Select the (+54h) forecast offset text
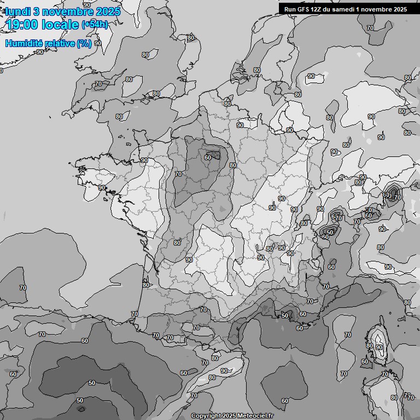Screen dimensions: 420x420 (x=95, y=25)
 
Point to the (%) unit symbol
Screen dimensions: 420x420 (x=84, y=44)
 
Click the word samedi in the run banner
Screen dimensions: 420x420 (x=345, y=9)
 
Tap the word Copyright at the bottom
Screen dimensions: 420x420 (x=206, y=416)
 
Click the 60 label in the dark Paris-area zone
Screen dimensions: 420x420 (x=208, y=157)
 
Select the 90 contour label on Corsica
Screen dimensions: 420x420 (x=379, y=347)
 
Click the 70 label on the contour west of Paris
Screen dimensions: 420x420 (x=178, y=174)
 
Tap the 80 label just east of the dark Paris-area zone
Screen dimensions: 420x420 (x=233, y=165)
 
